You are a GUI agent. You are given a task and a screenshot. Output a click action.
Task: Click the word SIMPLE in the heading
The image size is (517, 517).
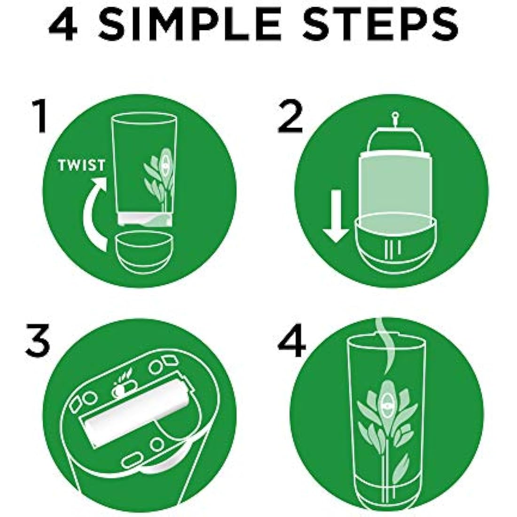pos(208,26)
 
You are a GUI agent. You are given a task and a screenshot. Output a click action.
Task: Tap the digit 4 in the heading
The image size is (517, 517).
pos(63,26)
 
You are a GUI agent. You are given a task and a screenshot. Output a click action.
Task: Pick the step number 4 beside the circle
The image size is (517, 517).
pos(291,340)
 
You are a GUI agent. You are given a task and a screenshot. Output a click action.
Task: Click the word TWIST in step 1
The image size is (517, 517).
pos(81,165)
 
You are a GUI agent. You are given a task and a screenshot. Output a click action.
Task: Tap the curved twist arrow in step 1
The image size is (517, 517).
pos(92,214)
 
